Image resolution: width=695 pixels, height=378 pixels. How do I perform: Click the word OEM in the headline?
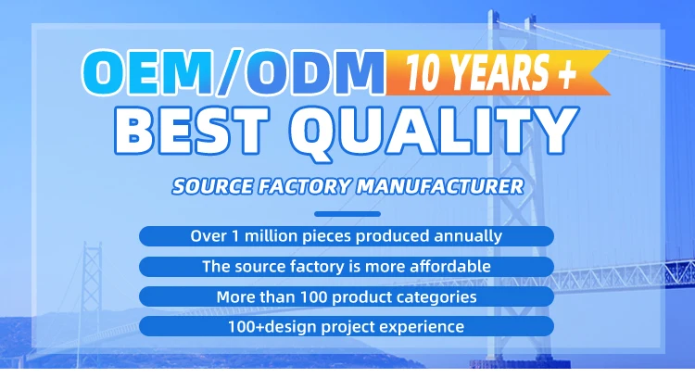(x=146, y=72)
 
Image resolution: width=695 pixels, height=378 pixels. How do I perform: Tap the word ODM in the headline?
(x=316, y=73)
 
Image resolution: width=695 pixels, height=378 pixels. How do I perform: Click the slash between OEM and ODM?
(x=229, y=72)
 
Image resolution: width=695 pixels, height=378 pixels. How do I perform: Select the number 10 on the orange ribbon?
(x=421, y=71)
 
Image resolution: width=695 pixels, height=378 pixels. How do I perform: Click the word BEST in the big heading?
(x=192, y=131)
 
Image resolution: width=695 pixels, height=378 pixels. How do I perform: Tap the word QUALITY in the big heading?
(x=435, y=132)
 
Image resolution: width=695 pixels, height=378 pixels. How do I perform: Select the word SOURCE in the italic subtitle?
(x=213, y=186)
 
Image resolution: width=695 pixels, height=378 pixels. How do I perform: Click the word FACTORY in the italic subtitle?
(x=306, y=186)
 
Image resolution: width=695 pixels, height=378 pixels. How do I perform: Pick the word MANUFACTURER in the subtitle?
(x=440, y=186)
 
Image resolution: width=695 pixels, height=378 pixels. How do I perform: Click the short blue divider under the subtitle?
(x=347, y=214)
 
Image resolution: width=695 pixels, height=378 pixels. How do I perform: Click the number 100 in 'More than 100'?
(x=313, y=296)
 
